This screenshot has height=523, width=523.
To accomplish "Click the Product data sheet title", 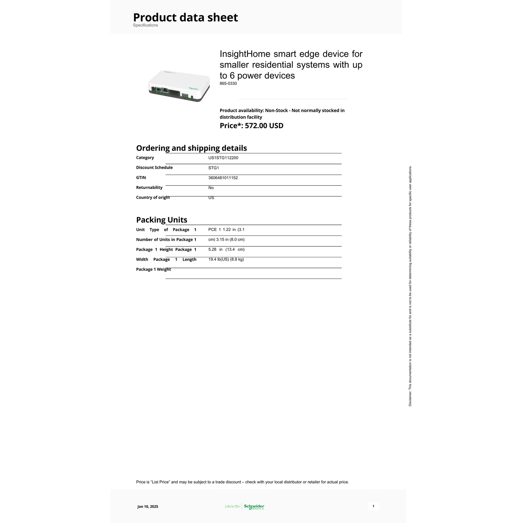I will tap(185, 17).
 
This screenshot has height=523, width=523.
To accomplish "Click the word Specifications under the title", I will tap(145, 25).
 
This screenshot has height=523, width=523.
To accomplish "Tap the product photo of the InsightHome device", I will tap(179, 86).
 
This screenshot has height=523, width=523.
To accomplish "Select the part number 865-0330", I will tap(228, 84).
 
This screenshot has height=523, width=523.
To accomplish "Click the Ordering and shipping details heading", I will tap(191, 148).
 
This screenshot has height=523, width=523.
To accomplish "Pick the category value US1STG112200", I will tap(223, 158).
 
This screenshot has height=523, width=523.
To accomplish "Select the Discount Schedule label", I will tap(154, 168).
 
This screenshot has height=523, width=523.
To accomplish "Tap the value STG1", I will tap(214, 168).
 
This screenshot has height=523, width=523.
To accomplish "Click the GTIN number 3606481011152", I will tap(223, 178).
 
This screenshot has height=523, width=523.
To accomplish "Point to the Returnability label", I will tap(149, 187).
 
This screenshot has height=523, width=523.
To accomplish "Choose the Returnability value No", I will tap(211, 188).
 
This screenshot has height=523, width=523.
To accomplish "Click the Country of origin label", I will tap(153, 197).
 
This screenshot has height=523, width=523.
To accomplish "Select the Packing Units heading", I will tap(161, 220).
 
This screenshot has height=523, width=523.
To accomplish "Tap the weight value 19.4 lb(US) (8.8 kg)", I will tap(226, 260).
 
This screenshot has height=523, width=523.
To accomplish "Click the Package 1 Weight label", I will tap(153, 269).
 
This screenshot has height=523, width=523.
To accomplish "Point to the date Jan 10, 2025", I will tap(148, 506).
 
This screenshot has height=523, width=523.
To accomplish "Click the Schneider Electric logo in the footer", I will tap(254, 507).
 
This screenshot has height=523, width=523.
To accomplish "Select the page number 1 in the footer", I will tap(373, 506).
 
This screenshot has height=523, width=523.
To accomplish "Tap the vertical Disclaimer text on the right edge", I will tap(410, 286).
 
